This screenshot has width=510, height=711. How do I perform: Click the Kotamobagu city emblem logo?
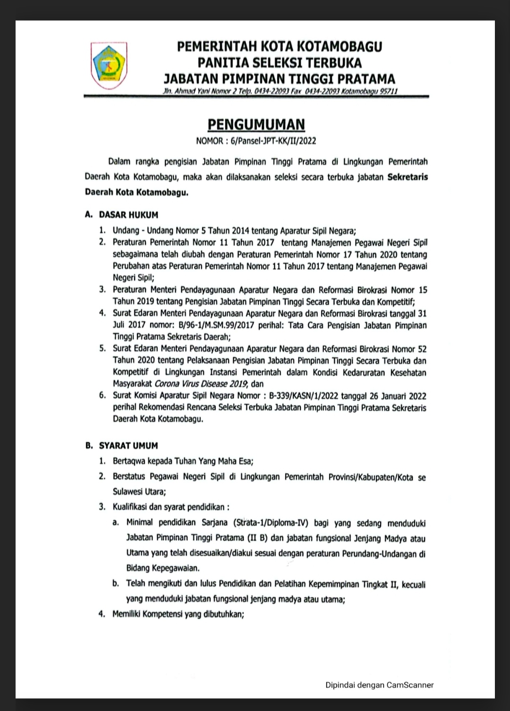coord(108,65)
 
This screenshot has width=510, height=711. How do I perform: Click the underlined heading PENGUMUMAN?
coord(256,124)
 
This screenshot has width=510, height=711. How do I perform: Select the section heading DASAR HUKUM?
coord(128,215)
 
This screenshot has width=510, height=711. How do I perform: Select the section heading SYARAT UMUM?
coord(128,445)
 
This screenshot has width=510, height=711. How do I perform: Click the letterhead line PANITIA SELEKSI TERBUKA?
coord(280,62)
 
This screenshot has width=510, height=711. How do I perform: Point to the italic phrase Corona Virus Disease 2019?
coord(201,384)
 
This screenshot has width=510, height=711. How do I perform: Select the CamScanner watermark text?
coord(379,685)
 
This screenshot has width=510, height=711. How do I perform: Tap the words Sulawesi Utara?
coord(138,491)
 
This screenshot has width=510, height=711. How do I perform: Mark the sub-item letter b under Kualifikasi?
coord(115,584)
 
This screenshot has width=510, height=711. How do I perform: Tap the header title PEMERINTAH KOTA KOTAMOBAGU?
coord(280,46)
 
